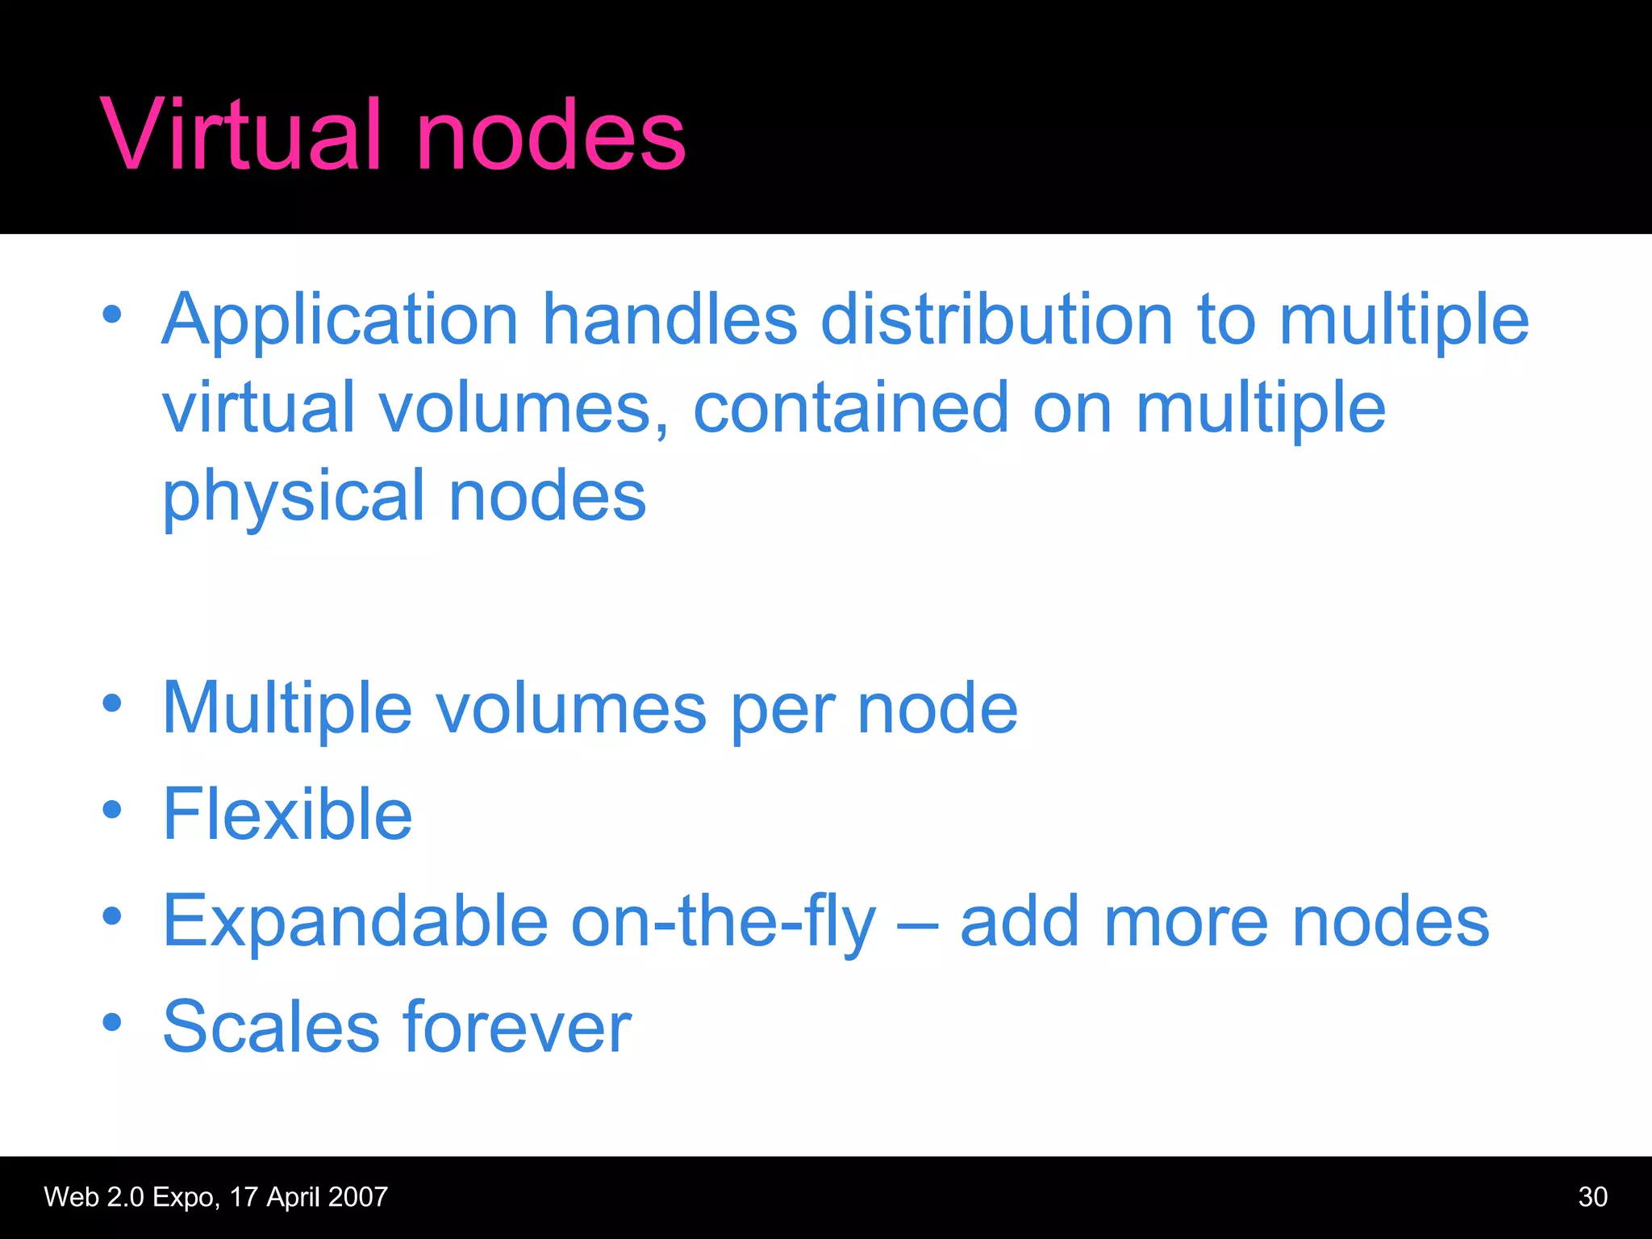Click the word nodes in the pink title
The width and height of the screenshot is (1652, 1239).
tap(550, 134)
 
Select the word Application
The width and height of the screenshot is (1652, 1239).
tap(340, 321)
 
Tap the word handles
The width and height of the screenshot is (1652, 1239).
tap(670, 319)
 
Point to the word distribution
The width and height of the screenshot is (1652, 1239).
tap(996, 319)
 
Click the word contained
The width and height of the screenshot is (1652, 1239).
tap(851, 407)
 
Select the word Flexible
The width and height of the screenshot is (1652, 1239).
tap(288, 814)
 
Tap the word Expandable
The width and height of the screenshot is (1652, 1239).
tap(356, 921)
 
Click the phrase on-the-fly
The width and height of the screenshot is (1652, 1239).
tap(723, 923)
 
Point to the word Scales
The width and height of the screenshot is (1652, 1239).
tap(271, 1027)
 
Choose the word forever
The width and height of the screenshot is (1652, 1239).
tap(517, 1027)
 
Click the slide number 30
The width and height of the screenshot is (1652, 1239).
tap(1592, 1197)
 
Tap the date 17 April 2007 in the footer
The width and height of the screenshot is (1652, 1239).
tap(308, 1197)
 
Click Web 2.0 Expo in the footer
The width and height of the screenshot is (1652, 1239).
tap(130, 1197)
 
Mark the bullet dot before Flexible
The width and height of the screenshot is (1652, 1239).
tap(112, 809)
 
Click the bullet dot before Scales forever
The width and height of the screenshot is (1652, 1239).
tap(112, 1023)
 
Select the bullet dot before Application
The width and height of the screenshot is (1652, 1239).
tap(112, 315)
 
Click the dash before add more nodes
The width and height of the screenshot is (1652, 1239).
tap(917, 924)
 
